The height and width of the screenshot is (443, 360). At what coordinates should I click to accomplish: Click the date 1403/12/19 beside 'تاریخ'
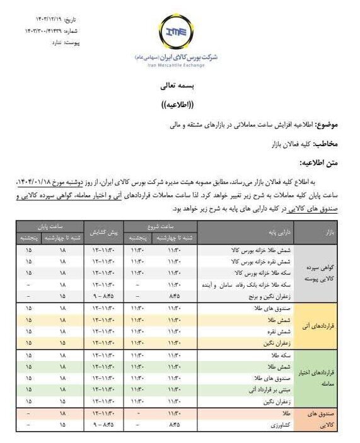37,20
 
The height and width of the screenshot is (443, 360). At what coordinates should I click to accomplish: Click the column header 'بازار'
316,232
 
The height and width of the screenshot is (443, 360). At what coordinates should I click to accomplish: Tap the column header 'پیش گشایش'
103,232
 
